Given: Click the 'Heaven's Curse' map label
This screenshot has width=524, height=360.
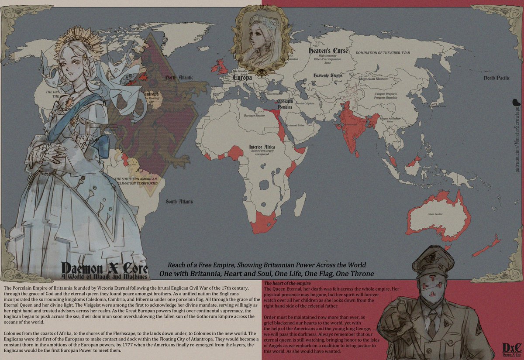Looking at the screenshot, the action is (x=328, y=51).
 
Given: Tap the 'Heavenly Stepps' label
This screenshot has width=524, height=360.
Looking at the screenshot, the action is (x=327, y=75).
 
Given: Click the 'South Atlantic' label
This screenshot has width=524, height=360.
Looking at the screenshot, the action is (x=179, y=202).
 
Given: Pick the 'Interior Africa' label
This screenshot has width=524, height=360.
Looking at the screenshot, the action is (x=262, y=147).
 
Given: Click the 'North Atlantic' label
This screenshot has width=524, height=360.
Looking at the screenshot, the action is (x=179, y=78).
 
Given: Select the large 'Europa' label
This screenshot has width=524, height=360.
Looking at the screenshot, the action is (x=243, y=77).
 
